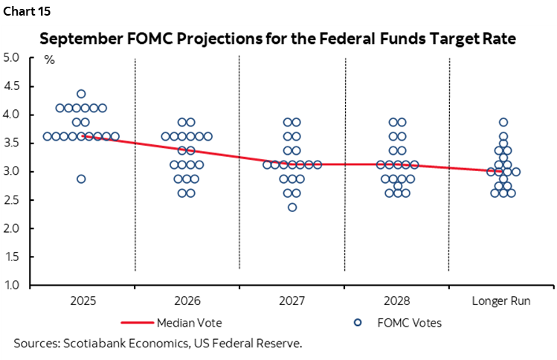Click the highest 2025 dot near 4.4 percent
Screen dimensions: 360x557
(81, 94)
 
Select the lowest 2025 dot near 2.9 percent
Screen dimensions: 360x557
(81, 179)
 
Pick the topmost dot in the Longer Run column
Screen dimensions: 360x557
(503, 122)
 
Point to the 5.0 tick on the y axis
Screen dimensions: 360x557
(13, 57)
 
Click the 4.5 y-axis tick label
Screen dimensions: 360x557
(13, 86)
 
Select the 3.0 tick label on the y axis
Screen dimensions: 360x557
(13, 172)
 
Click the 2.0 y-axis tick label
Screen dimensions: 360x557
(13, 228)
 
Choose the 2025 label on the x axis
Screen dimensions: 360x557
(81, 300)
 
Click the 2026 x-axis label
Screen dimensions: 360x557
(187, 300)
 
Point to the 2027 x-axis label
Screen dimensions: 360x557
(292, 300)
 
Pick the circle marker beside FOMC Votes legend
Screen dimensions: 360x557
(358, 323)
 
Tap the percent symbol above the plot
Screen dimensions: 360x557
(50, 60)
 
